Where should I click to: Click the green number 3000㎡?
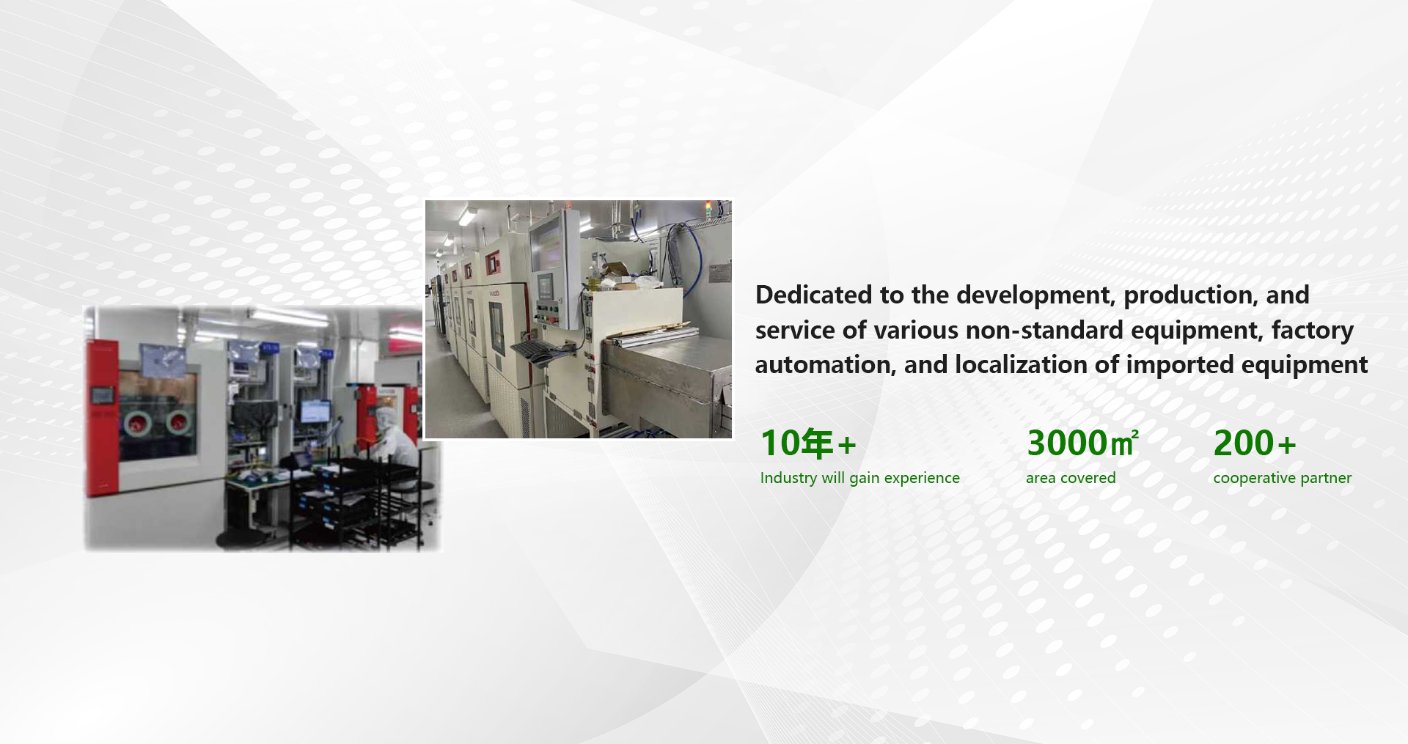pos(1082,443)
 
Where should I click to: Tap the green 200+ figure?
pos(1255,443)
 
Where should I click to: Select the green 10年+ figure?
pos(808,443)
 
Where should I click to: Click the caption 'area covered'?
pos(1071,478)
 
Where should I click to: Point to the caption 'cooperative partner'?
pos(1282,478)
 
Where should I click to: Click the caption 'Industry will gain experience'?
pos(859,478)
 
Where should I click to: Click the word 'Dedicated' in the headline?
pos(813,295)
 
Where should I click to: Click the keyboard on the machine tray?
pos(534,352)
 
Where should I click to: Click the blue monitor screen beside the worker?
pos(315,411)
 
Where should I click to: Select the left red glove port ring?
pos(136,423)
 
